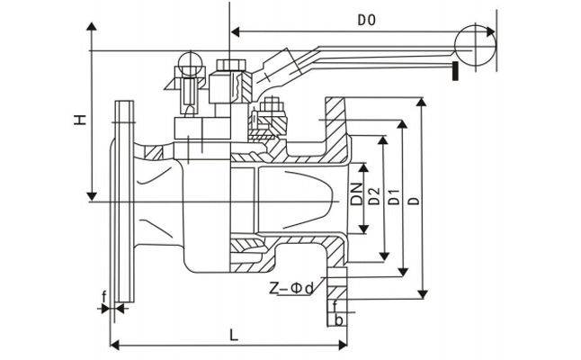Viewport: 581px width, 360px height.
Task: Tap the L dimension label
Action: (233, 335)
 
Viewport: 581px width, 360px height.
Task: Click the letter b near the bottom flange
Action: (338, 319)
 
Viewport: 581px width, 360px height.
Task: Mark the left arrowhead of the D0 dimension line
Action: (235, 32)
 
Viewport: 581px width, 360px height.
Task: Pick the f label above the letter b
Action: (335, 306)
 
